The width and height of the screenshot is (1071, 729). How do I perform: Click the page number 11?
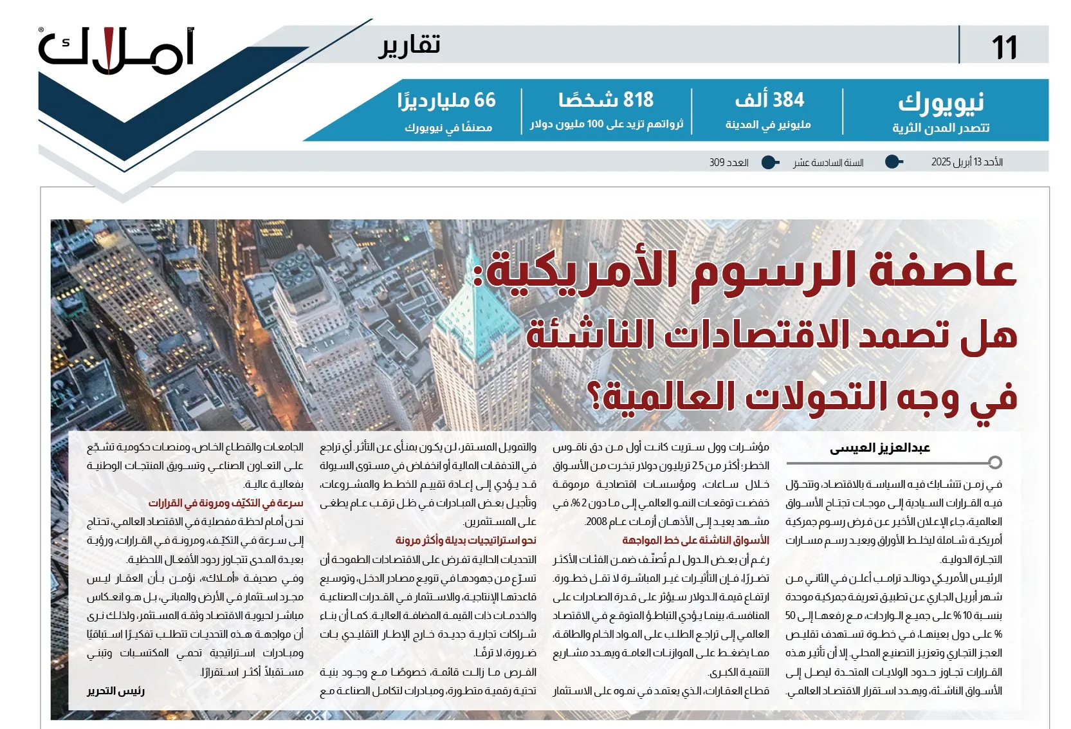point(1004,48)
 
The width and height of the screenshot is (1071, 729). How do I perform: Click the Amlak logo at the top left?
point(116,51)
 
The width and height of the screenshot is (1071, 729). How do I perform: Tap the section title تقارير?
point(409,46)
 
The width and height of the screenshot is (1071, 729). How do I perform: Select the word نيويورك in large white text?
point(940,102)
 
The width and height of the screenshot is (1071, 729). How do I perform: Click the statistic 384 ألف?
point(769,100)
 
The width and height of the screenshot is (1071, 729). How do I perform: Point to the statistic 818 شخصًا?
point(606,100)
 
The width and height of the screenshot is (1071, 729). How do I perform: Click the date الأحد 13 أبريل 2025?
point(967,162)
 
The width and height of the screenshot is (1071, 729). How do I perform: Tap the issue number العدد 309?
point(729,163)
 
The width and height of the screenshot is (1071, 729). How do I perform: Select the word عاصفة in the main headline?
point(942,271)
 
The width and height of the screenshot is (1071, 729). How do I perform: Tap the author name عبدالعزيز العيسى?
point(879,448)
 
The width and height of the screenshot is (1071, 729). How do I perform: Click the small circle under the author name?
point(995,463)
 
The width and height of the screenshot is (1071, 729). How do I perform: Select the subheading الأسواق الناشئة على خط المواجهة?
point(695,540)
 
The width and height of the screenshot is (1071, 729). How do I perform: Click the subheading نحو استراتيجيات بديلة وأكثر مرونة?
point(466,540)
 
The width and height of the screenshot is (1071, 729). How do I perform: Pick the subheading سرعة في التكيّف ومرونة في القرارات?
point(226,503)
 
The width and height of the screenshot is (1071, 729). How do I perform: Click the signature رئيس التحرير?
point(116,691)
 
